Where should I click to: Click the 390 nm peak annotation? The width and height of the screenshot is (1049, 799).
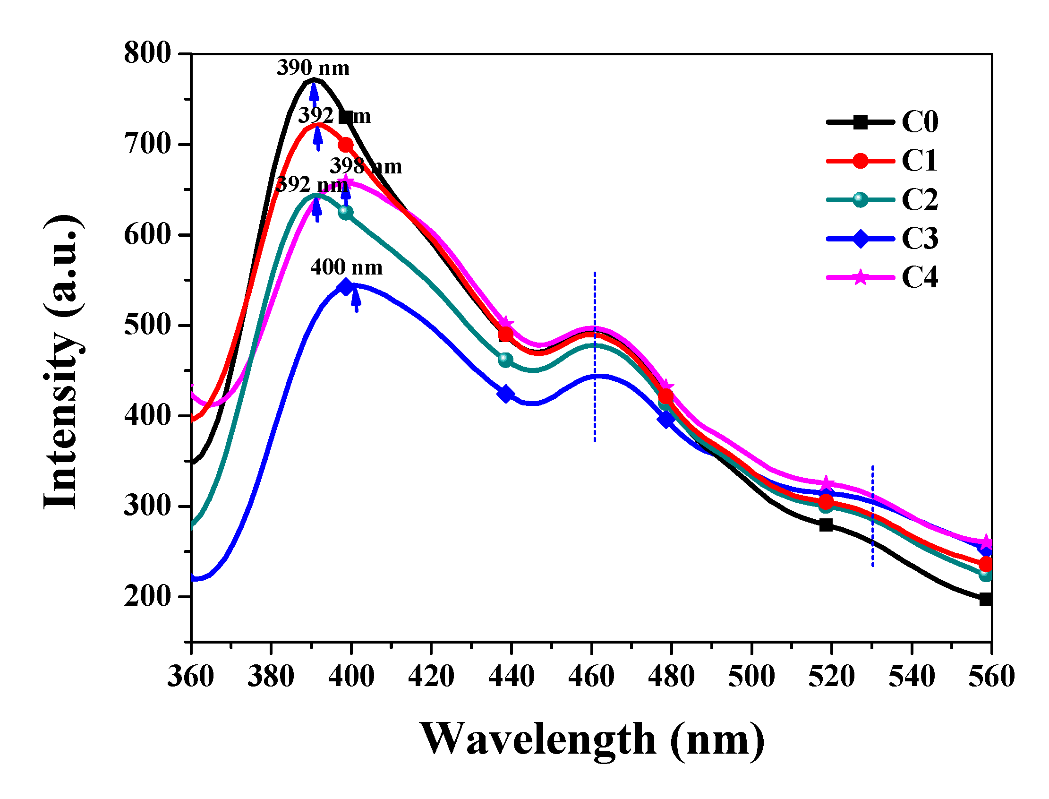pyautogui.click(x=313, y=68)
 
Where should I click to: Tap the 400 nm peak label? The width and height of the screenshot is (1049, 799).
pyautogui.click(x=346, y=267)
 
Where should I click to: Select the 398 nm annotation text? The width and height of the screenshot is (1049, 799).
pyautogui.click(x=366, y=166)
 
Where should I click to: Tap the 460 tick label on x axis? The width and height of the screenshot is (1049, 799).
pyautogui.click(x=591, y=676)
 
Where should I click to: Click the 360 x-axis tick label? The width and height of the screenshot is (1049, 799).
pyautogui.click(x=191, y=676)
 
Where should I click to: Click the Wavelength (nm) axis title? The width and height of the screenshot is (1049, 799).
pyautogui.click(x=591, y=740)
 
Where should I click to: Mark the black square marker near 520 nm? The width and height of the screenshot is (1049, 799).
pyautogui.click(x=826, y=524)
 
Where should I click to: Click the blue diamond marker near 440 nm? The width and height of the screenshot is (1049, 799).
pyautogui.click(x=506, y=394)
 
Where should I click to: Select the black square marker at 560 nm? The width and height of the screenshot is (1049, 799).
pyautogui.click(x=986, y=599)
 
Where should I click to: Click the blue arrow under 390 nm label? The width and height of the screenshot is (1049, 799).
pyautogui.click(x=314, y=93)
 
